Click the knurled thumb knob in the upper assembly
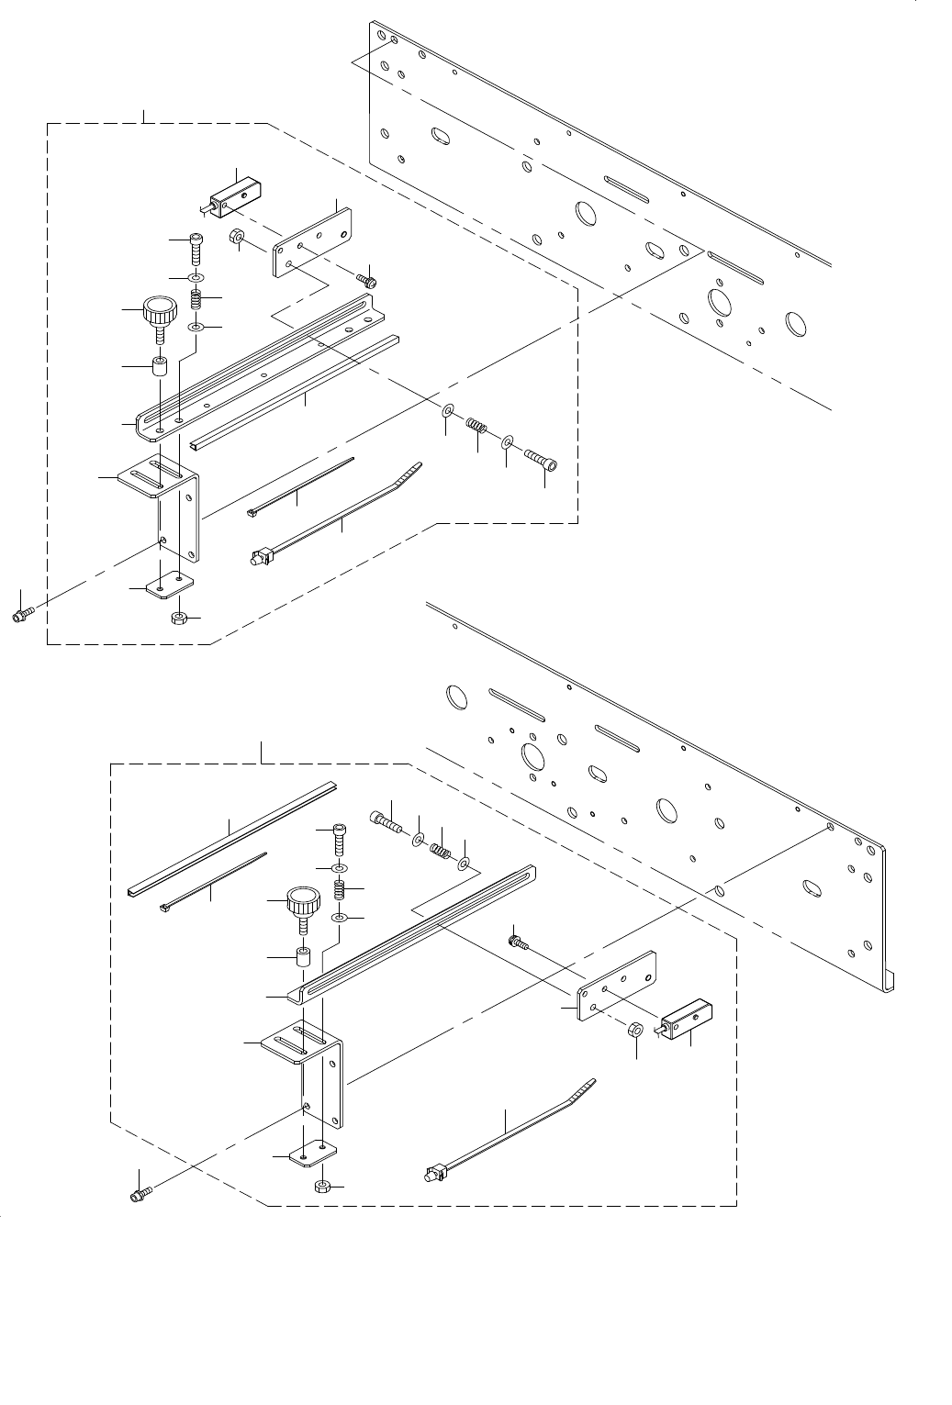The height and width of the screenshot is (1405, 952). coord(159,309)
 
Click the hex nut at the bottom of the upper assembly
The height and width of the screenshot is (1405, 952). coord(180,618)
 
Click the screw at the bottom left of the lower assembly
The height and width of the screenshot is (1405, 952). coord(140,1194)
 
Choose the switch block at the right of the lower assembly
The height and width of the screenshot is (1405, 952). coord(687,1022)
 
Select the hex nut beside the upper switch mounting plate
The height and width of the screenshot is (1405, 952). coord(236,239)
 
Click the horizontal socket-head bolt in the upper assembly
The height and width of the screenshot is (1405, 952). coord(541,457)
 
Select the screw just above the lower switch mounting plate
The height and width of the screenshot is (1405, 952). coord(518,941)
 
